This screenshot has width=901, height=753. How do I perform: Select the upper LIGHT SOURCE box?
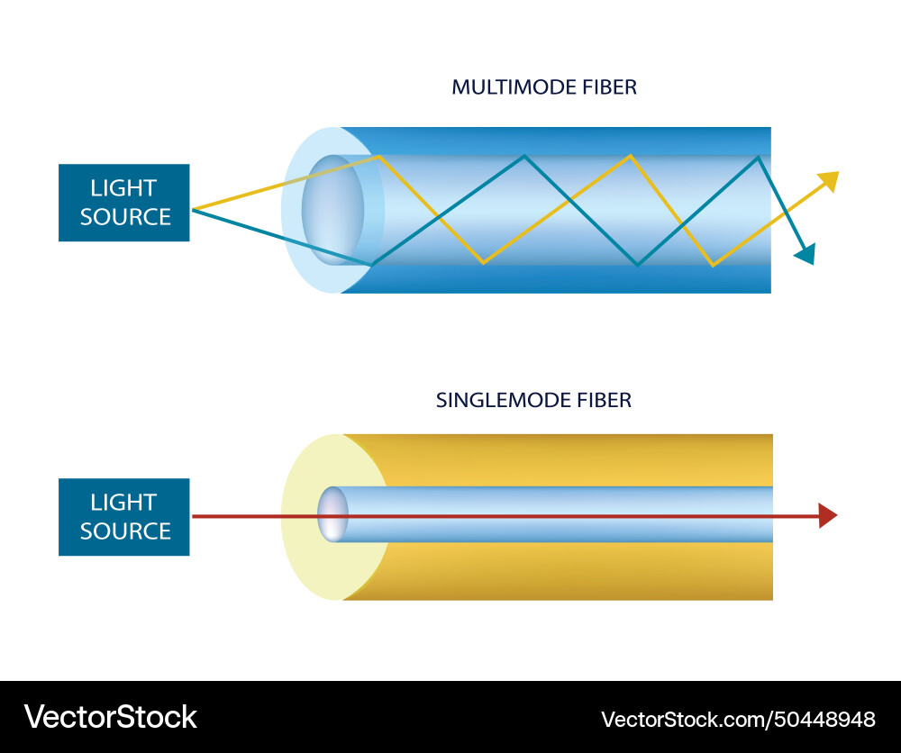pyautogui.click(x=124, y=203)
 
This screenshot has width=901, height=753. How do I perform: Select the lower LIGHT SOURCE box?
pyautogui.click(x=124, y=517)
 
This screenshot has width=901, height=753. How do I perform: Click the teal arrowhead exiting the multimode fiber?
pyautogui.click(x=805, y=254)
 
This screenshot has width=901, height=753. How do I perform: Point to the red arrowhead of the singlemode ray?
pyautogui.click(x=827, y=516)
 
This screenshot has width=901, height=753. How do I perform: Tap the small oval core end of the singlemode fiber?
pyautogui.click(x=332, y=515)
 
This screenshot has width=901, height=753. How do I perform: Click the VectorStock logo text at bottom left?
pyautogui.click(x=110, y=717)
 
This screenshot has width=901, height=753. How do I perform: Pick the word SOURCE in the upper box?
pyautogui.click(x=125, y=217)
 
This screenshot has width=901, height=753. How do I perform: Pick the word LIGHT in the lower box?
pyautogui.click(x=123, y=503)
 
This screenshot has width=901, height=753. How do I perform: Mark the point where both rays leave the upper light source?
pyautogui.click(x=193, y=210)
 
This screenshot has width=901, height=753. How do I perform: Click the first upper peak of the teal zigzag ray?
pyautogui.click(x=523, y=157)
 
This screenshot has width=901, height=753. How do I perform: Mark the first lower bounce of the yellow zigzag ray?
pyautogui.click(x=484, y=263)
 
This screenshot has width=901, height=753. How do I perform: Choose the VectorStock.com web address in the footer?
pyautogui.click(x=686, y=720)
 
